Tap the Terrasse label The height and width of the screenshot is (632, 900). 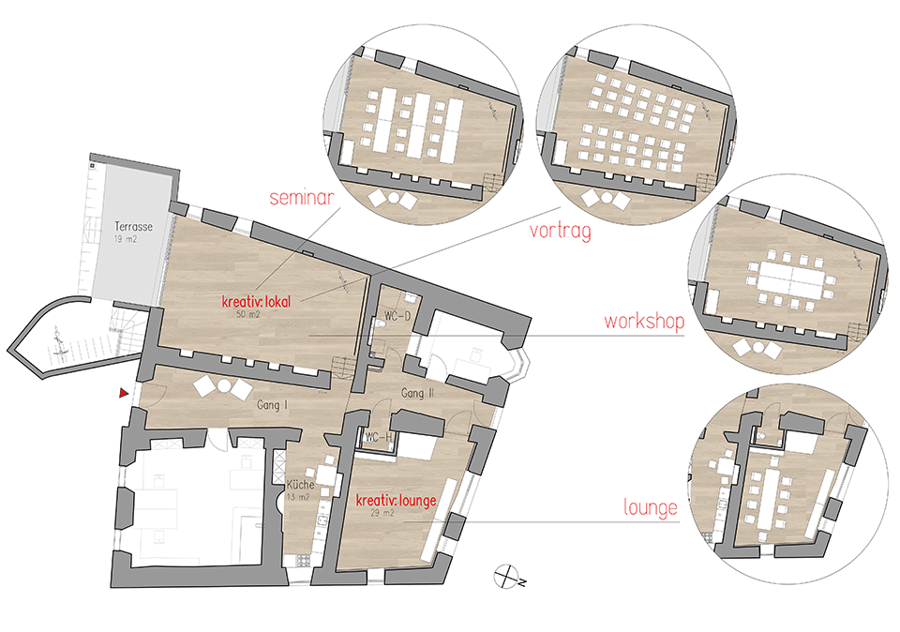point(134,227)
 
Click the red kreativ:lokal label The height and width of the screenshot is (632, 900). point(256,301)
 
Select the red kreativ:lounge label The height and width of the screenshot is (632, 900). point(396,501)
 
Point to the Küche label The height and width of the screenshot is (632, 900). point(300,485)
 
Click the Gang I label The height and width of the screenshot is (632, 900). point(272,405)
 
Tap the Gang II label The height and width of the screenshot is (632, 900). point(417,393)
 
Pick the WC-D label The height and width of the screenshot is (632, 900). point(397,316)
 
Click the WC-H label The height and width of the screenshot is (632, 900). point(379,437)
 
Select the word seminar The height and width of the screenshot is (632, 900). point(301,198)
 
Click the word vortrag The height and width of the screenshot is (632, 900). point(561,231)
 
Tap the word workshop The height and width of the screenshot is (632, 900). point(644,321)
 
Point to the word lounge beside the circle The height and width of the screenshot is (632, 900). point(651,508)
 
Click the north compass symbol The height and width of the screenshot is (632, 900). point(506,577)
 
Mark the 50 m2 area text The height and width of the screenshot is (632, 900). point(247,314)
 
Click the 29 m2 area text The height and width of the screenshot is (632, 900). point(382,513)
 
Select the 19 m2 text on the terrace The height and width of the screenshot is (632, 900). point(126,239)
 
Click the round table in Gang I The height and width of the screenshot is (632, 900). point(223,387)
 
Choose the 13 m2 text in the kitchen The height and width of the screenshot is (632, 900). point(298,497)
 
